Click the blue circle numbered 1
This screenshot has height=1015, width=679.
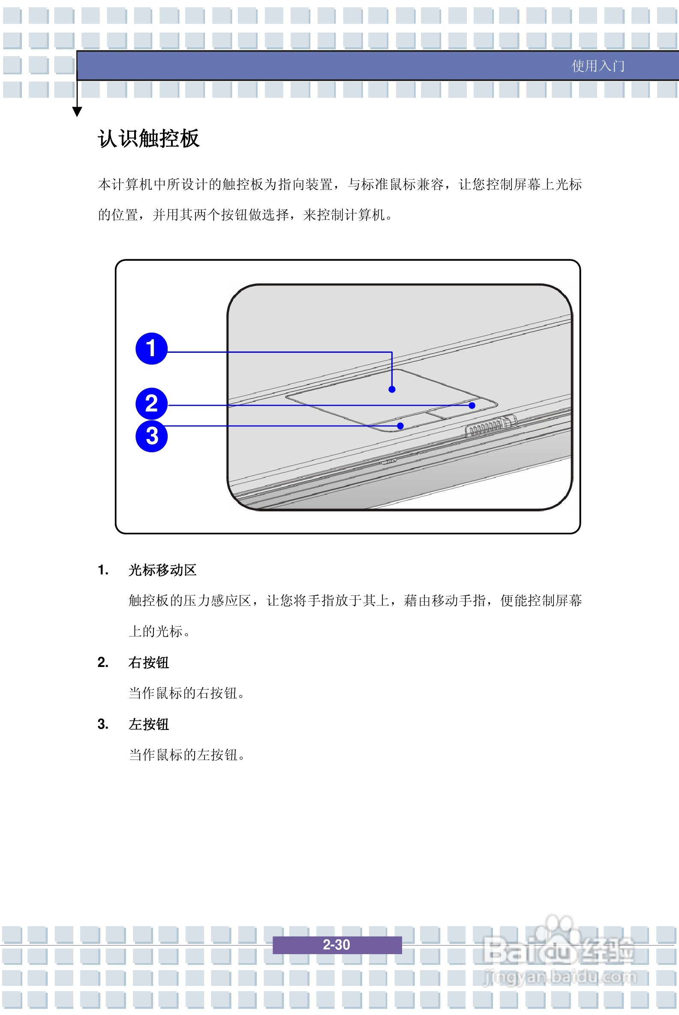[151, 348]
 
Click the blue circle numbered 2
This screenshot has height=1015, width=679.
[151, 404]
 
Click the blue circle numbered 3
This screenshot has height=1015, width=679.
[151, 436]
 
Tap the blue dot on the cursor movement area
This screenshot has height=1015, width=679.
[392, 389]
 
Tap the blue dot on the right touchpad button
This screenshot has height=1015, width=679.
[472, 405]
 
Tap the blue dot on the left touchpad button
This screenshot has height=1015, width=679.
[400, 426]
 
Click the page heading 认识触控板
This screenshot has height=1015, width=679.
[148, 138]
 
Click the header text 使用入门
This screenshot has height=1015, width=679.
[598, 66]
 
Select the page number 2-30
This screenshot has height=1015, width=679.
[336, 944]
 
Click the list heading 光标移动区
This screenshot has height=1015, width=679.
[162, 570]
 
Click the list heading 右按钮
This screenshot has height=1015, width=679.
[148, 663]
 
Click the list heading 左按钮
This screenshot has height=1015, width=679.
[148, 724]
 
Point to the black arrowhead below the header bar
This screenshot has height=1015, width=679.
[77, 112]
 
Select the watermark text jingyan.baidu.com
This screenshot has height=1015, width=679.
[560, 977]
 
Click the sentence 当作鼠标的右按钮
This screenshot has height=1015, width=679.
[186, 693]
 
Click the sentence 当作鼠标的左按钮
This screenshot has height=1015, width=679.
[186, 755]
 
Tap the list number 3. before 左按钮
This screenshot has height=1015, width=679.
[103, 724]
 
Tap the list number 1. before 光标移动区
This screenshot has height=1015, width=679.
[103, 570]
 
